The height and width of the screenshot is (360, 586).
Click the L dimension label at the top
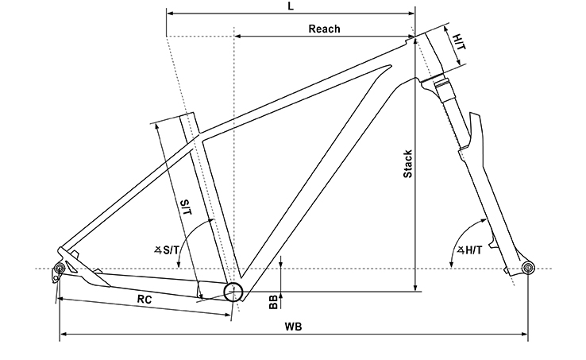click(x=291, y=6)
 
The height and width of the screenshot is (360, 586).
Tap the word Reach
click(x=324, y=29)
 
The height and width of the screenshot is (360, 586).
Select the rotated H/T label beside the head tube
click(x=459, y=41)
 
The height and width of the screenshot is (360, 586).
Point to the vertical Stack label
click(x=407, y=164)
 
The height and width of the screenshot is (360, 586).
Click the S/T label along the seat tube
click(x=186, y=207)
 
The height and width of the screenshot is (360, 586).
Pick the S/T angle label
click(x=167, y=250)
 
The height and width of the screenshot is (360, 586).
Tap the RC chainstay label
click(x=145, y=300)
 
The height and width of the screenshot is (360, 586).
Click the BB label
click(x=274, y=302)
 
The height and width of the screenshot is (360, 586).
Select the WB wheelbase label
click(x=293, y=327)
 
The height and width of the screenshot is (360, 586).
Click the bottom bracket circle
click(x=233, y=292)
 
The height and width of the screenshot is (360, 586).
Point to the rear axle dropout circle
click(x=60, y=269)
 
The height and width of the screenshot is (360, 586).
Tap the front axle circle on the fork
click(x=528, y=268)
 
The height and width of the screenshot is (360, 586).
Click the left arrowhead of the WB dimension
click(x=64, y=334)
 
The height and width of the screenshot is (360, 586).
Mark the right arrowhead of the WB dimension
click(x=524, y=334)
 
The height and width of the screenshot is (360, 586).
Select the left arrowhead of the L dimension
click(x=170, y=14)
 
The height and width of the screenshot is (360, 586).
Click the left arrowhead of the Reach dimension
click(x=237, y=37)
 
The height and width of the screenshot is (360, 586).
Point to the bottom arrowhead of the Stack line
click(x=415, y=288)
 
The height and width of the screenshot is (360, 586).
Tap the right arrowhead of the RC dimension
click(x=227, y=315)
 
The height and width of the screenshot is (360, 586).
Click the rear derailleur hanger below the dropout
click(x=56, y=277)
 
